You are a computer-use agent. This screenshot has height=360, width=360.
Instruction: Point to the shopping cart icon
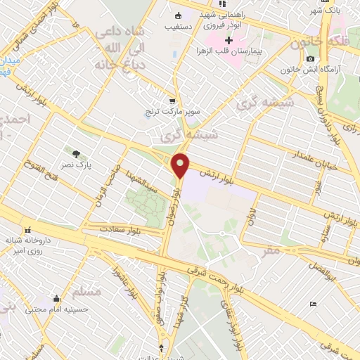173,101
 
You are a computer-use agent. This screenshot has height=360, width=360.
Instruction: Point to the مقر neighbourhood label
271,250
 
